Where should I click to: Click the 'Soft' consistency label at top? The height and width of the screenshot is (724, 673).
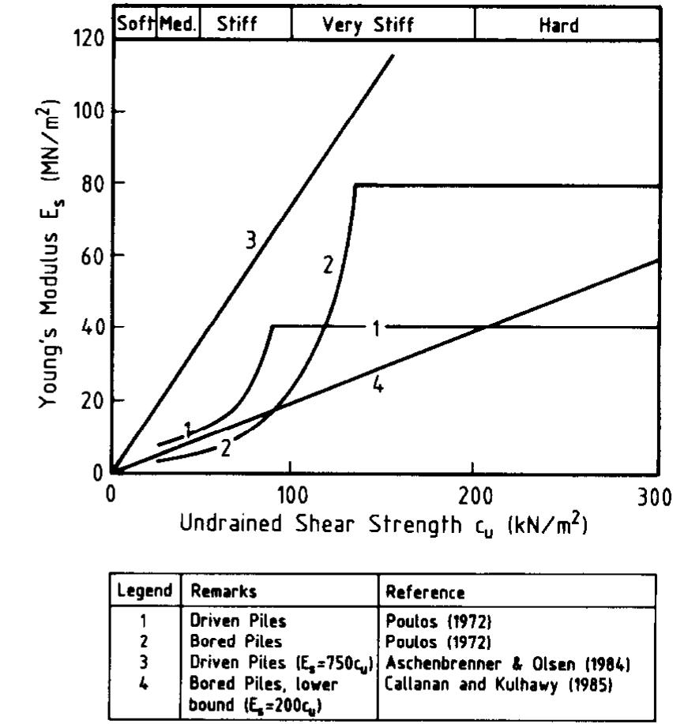(135, 24)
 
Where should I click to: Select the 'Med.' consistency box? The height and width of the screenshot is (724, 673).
(177, 24)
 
